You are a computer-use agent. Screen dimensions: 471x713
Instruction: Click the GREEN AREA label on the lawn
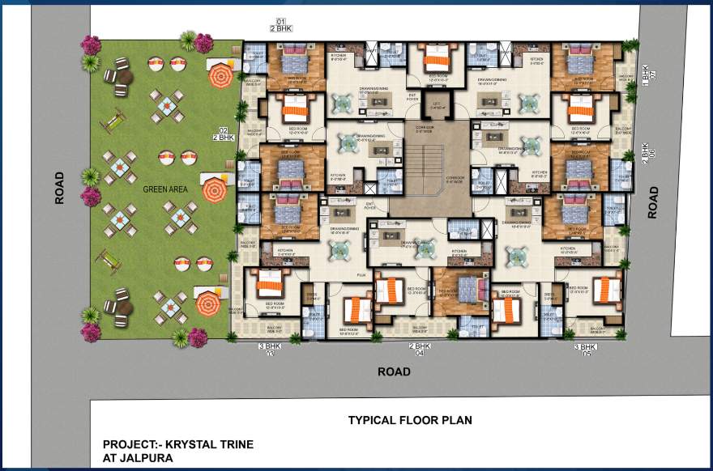tap(166, 189)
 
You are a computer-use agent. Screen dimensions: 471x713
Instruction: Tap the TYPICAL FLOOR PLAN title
tap(410, 420)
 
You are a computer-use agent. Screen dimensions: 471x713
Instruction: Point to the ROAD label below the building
tap(394, 371)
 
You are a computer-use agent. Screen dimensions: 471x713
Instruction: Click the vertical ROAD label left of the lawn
tap(59, 188)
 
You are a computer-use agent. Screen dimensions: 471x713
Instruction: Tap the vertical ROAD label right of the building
tap(653, 202)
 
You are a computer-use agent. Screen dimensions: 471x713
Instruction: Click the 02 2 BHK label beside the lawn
tap(223, 134)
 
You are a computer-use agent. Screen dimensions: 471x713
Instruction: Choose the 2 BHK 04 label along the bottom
tap(419, 349)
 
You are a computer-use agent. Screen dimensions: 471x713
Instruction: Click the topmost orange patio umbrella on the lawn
tap(220, 77)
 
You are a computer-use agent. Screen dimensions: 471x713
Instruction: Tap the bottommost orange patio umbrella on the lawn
tap(208, 304)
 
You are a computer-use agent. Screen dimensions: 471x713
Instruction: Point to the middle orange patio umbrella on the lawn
tap(214, 191)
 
